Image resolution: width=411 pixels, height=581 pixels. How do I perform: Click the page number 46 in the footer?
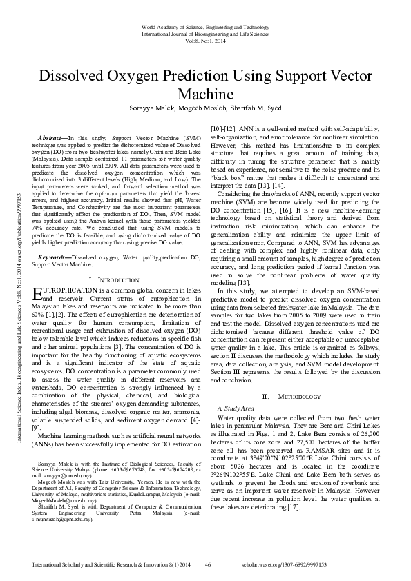[x=207, y=566]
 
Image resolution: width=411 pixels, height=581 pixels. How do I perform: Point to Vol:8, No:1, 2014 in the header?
[x=205, y=40]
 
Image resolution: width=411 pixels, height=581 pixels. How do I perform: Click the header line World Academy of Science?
[x=205, y=24]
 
